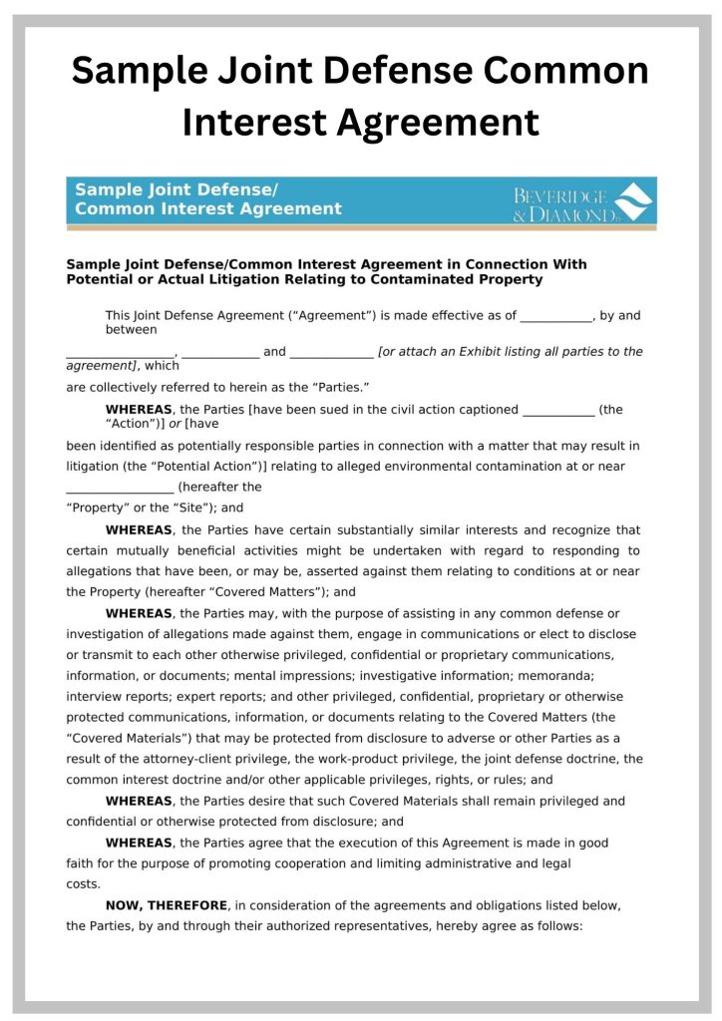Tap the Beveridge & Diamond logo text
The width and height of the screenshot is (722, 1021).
[x=562, y=205]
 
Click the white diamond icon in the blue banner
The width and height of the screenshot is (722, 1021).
[x=633, y=201]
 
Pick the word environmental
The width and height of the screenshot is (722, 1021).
[x=464, y=466]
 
